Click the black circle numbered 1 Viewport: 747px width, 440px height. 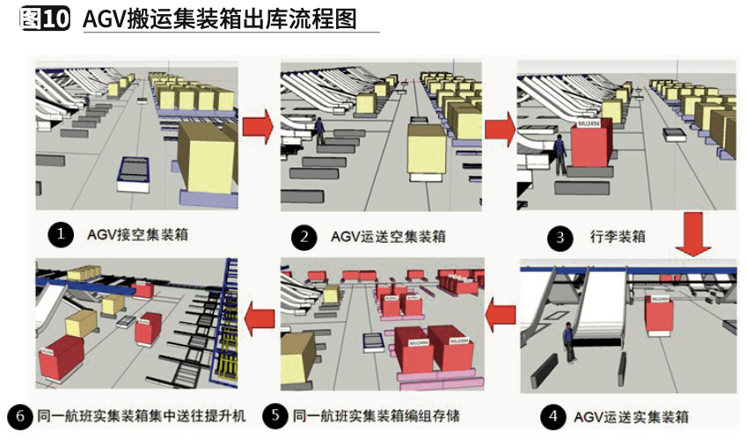tap(60, 234)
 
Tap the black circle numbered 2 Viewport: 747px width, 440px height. tap(304, 237)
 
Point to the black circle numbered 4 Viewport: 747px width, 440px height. tap(553, 415)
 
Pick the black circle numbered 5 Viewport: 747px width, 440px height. tap(276, 415)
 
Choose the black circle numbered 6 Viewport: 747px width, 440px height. tap(18, 415)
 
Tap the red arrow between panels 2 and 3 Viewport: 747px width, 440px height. tap(500, 128)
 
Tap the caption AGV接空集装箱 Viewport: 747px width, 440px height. tap(137, 235)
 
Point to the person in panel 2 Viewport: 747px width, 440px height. tap(319, 131)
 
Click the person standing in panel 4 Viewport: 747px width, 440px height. tap(570, 340)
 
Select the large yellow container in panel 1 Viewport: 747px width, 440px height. tap(207, 159)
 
